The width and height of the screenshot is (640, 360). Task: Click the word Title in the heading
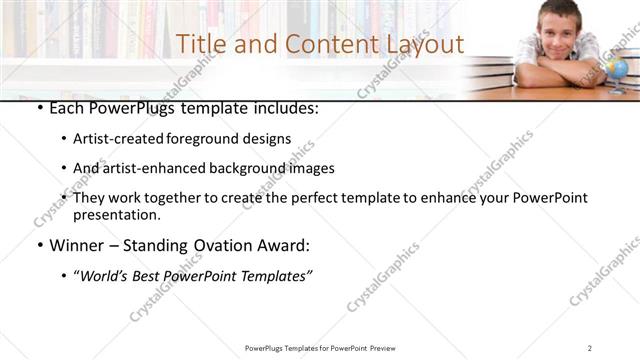pos(198,44)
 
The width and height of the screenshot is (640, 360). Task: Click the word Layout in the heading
pos(425,44)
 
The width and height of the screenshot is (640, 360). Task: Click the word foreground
pos(210,139)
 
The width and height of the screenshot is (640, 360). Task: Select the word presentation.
pos(115,215)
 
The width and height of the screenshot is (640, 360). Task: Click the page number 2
pos(590,348)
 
